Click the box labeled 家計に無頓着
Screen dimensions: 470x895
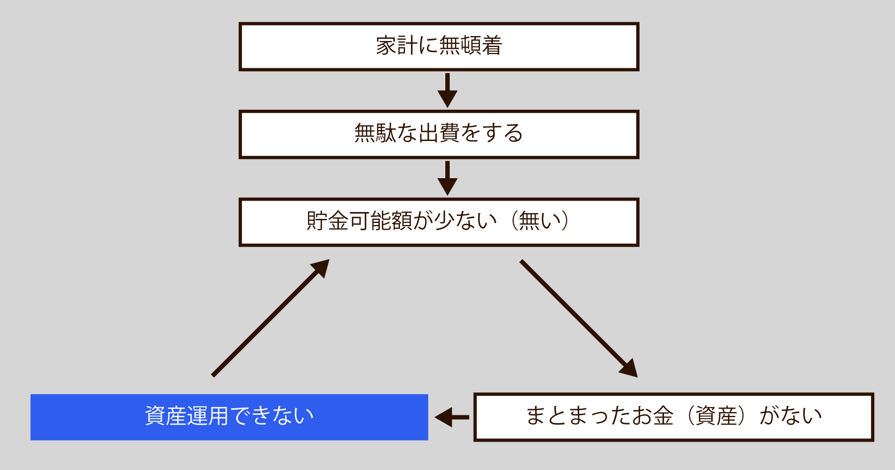(439, 46)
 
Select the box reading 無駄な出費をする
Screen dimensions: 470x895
(439, 134)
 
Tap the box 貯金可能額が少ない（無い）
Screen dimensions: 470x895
(439, 222)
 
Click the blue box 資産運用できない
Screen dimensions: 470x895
(229, 417)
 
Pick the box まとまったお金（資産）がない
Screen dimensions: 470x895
(673, 417)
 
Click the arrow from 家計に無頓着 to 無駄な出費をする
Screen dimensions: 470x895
(447, 90)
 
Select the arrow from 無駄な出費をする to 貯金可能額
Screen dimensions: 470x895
(447, 178)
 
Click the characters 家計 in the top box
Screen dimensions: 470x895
(397, 45)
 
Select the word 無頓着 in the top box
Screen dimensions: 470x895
(470, 45)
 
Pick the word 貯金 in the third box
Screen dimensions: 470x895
(327, 221)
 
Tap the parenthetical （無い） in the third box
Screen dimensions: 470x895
(539, 221)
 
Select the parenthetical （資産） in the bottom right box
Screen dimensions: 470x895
(717, 416)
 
